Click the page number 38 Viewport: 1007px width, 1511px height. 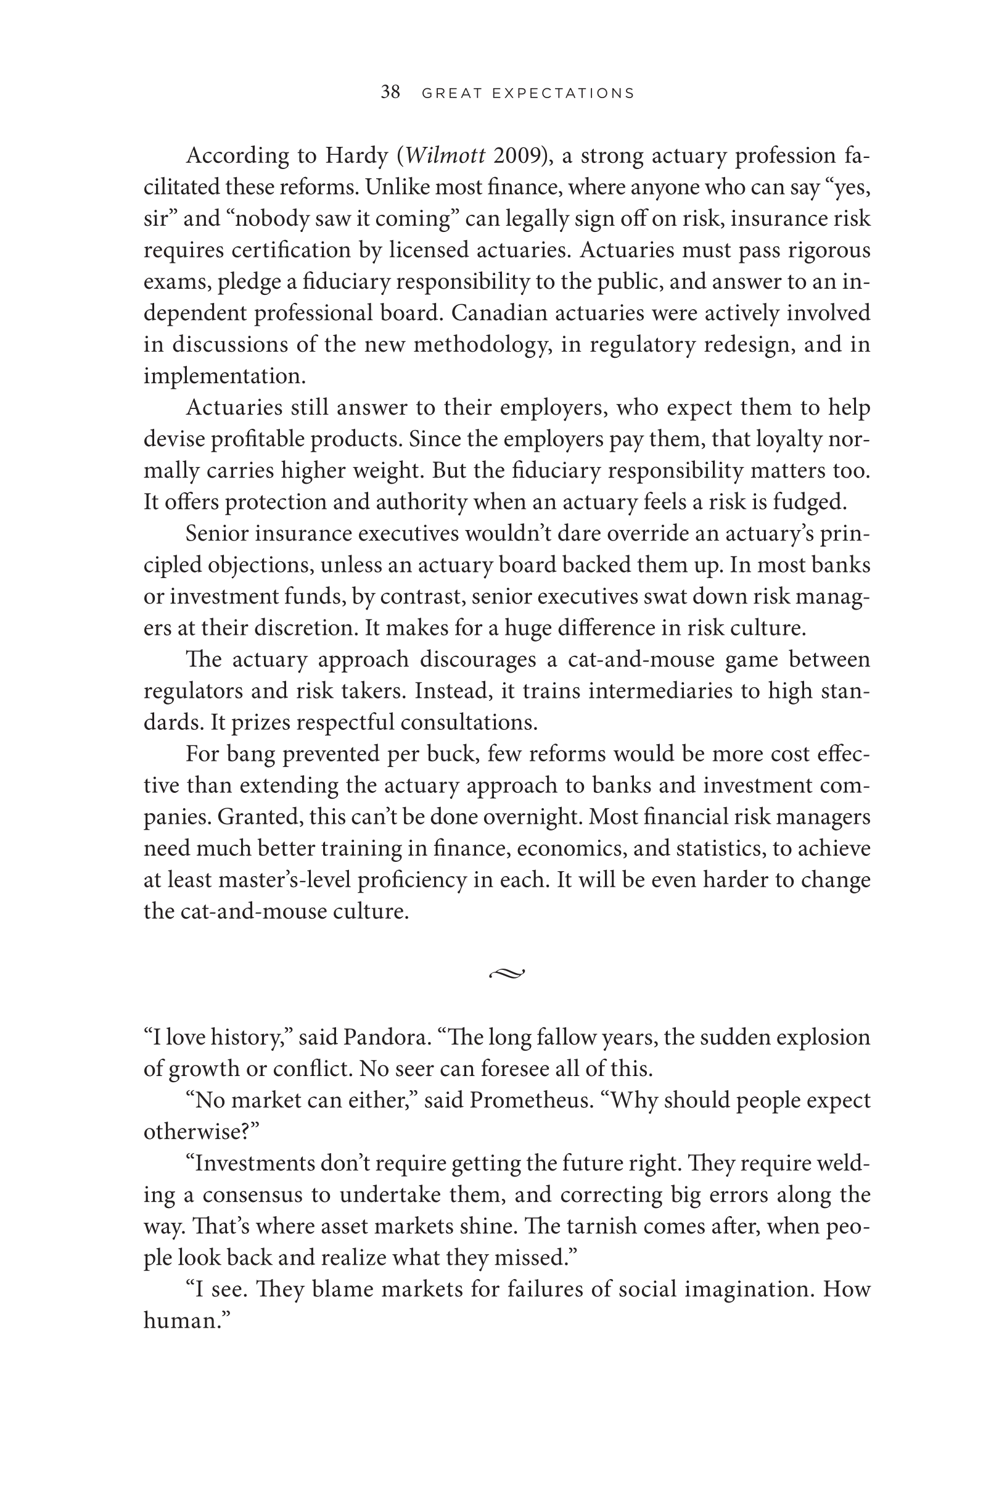[x=390, y=93]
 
